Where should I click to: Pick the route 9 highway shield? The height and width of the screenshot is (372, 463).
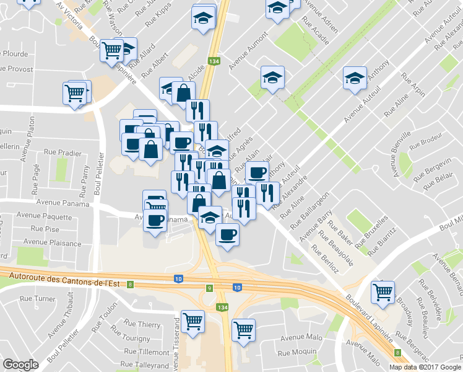point(210,288)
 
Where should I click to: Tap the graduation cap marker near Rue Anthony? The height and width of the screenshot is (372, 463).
point(355,79)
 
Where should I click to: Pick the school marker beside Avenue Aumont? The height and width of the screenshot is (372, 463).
point(272,79)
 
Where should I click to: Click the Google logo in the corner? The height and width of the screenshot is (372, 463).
point(20,365)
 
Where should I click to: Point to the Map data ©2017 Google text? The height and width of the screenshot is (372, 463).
point(425,367)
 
